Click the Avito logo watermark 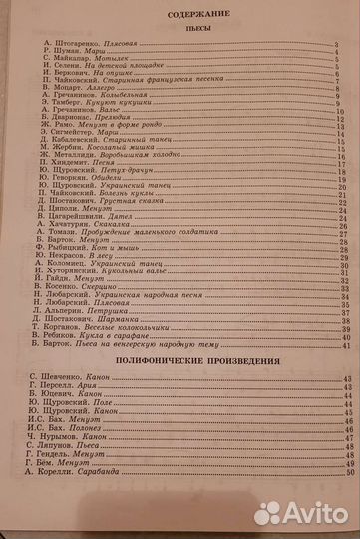point(300,512)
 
